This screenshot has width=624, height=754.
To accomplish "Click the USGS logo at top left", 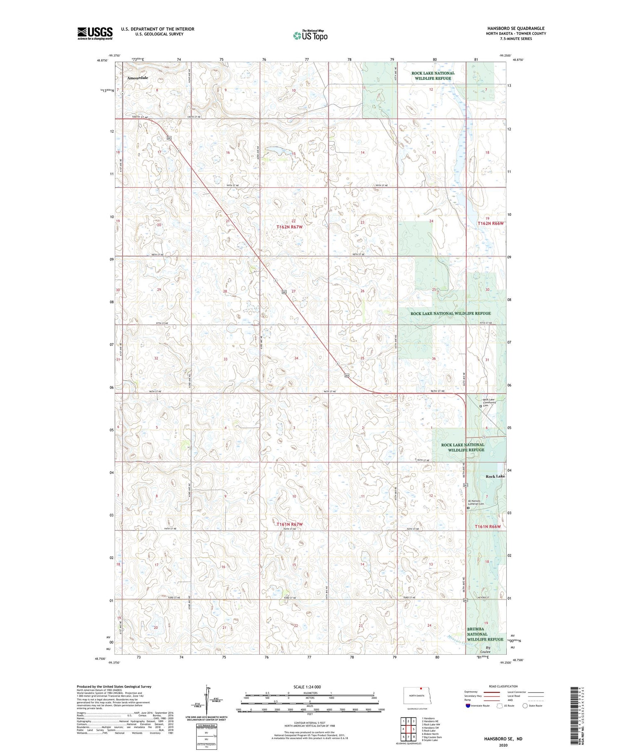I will [95, 33].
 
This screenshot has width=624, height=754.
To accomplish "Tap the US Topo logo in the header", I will [310, 35].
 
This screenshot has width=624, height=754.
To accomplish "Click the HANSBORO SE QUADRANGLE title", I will [516, 28].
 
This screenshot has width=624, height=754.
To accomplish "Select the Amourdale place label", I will [138, 78].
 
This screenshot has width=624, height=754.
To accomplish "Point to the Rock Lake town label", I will [495, 476].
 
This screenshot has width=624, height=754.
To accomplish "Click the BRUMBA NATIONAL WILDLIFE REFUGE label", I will [485, 634].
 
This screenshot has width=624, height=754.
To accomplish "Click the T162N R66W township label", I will [490, 223].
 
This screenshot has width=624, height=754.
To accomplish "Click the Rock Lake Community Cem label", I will [489, 403].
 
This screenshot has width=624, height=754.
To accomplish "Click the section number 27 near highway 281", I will [294, 291].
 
